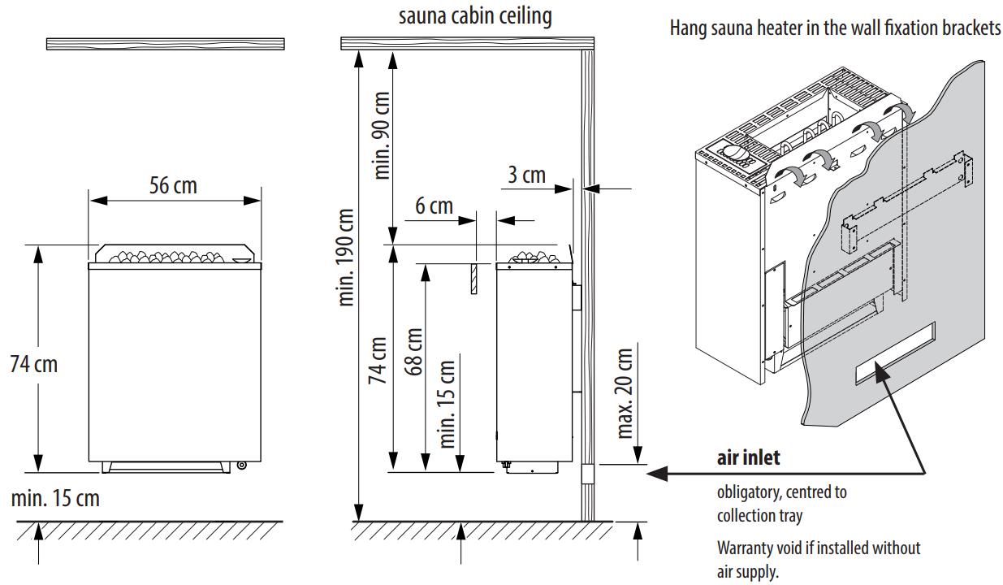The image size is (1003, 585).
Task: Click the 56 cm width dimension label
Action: (174, 186)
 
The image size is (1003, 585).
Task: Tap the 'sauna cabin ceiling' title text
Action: (475, 16)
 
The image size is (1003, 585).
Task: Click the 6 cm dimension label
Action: (434, 206)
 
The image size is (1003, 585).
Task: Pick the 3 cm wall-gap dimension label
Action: (527, 175)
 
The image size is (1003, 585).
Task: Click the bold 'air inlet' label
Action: (748, 458)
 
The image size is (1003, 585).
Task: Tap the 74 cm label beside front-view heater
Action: (34, 363)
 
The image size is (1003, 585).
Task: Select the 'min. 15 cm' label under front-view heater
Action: (55, 497)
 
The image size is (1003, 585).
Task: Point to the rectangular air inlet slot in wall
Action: (893, 353)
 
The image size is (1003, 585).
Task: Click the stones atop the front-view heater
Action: (175, 256)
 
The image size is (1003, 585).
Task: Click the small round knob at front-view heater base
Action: (241, 466)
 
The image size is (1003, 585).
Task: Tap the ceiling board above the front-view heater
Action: (166, 44)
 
